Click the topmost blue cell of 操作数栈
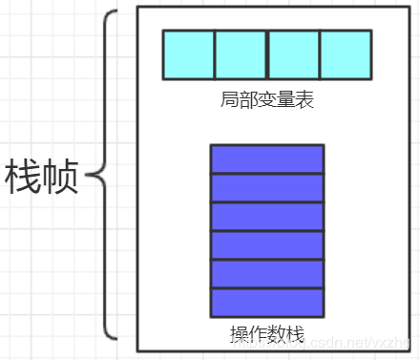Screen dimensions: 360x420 [x=266, y=159]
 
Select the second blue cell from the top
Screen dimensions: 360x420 [x=266, y=188]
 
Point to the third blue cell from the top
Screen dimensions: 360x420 [x=266, y=217]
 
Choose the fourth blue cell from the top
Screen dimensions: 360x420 [x=266, y=245]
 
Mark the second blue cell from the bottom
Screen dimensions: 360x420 [x=266, y=274]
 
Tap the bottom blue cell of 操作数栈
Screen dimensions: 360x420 [x=266, y=302]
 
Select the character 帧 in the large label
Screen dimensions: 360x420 [x=60, y=178]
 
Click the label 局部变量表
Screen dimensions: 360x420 [x=266, y=99]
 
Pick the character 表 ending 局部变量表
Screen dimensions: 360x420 [x=304, y=99]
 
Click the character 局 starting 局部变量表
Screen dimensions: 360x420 [x=228, y=99]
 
